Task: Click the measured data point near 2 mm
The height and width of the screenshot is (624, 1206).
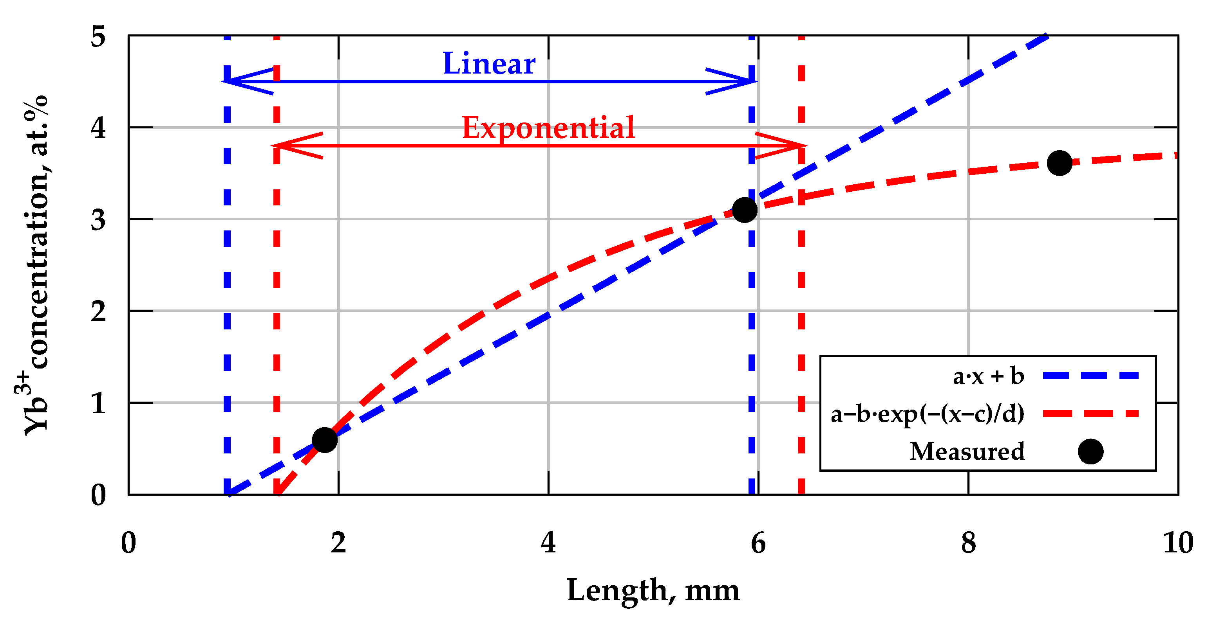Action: pos(324,440)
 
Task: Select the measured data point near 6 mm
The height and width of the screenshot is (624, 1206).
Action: pos(744,210)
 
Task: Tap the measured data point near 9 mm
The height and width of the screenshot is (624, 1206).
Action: pos(1060,163)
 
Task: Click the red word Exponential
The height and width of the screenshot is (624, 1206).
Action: pos(548,127)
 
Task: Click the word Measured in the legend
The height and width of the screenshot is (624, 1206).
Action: pos(967,451)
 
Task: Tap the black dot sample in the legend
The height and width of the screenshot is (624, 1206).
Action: pos(1090,451)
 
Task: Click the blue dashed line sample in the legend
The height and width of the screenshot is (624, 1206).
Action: pos(1090,376)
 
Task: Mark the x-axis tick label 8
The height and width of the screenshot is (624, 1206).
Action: pos(968,543)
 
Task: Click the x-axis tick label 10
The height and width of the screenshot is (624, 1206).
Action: pos(1178,543)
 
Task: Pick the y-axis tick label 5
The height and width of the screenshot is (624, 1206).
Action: pos(98,36)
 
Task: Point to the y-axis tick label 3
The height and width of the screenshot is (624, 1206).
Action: pos(98,220)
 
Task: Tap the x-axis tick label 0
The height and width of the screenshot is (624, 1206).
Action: pos(128,543)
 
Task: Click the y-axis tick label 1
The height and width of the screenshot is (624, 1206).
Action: pos(98,403)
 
